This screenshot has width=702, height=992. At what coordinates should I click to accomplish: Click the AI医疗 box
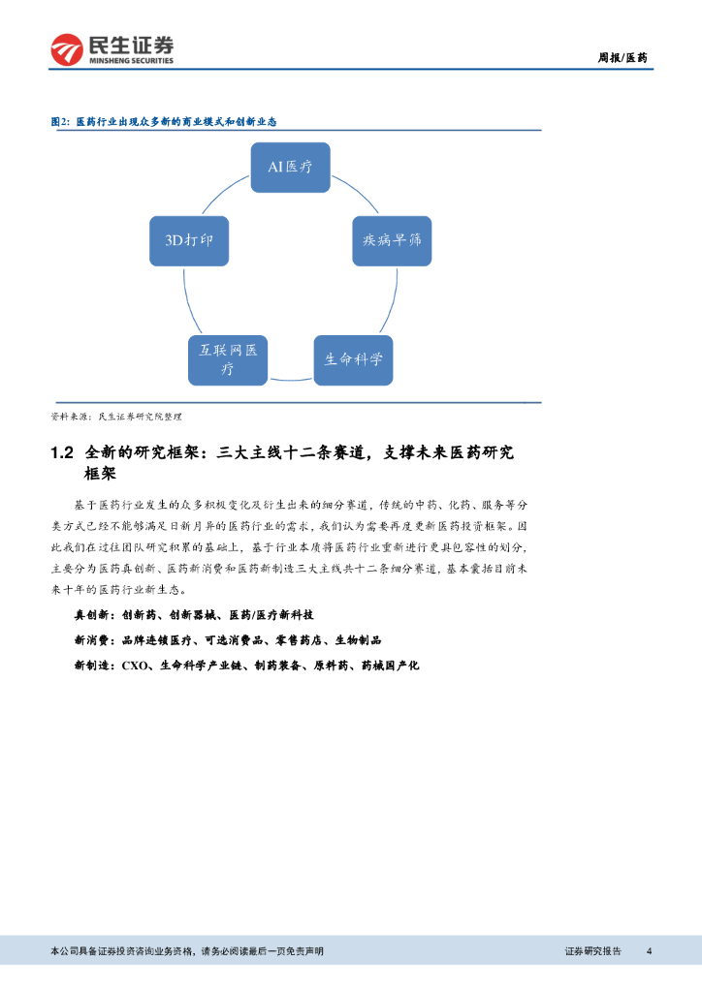[x=290, y=168]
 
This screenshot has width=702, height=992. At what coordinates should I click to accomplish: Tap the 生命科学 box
[x=353, y=358]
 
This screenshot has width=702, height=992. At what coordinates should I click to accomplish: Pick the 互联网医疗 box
[x=228, y=358]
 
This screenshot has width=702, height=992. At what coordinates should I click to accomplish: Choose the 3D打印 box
[x=189, y=240]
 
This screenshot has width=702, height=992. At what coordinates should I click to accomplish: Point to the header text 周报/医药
[x=622, y=58]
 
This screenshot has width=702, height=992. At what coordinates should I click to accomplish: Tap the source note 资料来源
[x=115, y=417]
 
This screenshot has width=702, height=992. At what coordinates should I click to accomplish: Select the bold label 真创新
[x=93, y=615]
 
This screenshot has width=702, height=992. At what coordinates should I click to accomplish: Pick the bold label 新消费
[x=93, y=640]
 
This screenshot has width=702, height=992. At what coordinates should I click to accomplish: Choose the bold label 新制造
[x=93, y=666]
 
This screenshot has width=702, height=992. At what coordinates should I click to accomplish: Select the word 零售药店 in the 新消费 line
[x=301, y=640]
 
